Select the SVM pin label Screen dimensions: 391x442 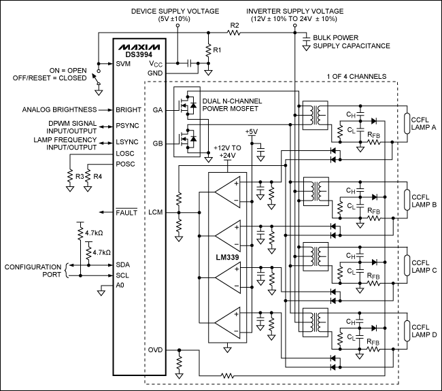pyautogui.click(x=124, y=63)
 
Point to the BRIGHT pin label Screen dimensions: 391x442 pyautogui.click(x=128, y=109)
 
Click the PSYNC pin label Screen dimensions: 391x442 pyautogui.click(x=127, y=125)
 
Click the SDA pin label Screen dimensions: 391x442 pyautogui.click(x=123, y=265)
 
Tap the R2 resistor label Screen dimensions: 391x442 pyautogui.click(x=235, y=26)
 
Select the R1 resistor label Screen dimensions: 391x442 pyautogui.click(x=217, y=50)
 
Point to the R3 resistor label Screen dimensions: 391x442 pyautogui.click(x=80, y=177)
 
